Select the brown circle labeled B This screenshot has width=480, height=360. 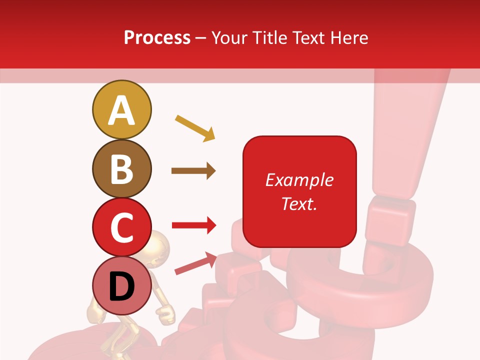point(121,168)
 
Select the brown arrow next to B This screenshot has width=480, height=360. point(193,171)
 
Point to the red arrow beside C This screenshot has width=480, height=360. point(194,225)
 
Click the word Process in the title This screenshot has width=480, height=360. point(157,37)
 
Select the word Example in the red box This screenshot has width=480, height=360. point(299,180)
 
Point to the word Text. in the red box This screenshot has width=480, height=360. point(299,203)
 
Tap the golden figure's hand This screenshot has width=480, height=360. point(165,313)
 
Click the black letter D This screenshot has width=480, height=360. point(121,287)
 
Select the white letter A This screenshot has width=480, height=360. point(121,110)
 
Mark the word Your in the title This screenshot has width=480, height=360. point(230,37)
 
